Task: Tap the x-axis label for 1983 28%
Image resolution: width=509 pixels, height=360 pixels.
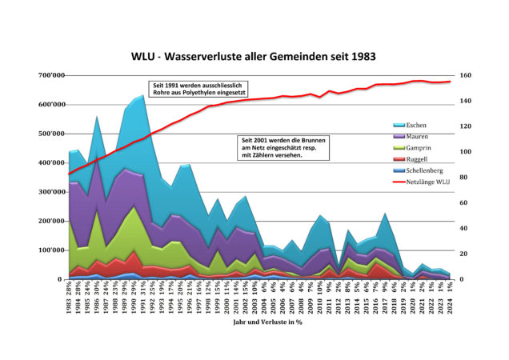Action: (x=70, y=298)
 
